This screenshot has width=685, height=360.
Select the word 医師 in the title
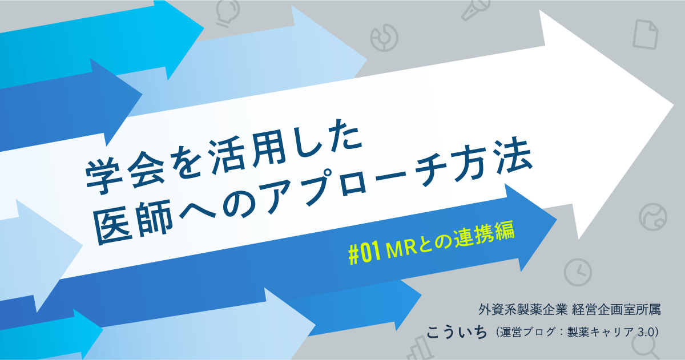[123, 220]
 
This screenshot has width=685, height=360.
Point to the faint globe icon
[652, 216]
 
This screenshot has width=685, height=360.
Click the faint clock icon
[578, 273]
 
